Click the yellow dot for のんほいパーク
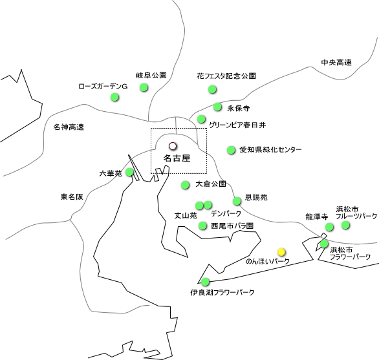281,252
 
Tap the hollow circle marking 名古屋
173,146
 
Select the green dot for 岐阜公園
144,87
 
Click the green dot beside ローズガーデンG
114,97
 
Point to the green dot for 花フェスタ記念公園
212,89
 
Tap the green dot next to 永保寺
217,107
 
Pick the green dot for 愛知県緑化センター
231,150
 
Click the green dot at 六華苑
129,172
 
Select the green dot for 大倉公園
185,185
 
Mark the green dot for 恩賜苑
237,201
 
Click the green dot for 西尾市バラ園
202,226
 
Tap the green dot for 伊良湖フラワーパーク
205,282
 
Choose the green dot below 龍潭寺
329,227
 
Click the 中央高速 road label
336,63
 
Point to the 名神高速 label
69,127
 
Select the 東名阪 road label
72,196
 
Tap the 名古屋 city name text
177,158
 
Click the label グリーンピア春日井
237,125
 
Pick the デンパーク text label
226,213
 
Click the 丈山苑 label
186,215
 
